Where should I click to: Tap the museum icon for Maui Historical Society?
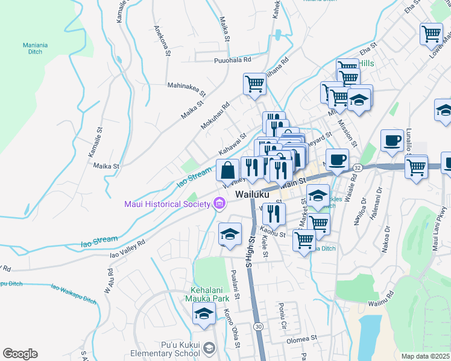pyautogui.click(x=219, y=205)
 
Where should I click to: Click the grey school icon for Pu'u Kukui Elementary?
pyautogui.click(x=209, y=348)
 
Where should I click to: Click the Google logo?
pyautogui.click(x=20, y=354)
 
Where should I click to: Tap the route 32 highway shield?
pyautogui.click(x=358, y=167)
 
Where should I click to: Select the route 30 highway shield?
pyautogui.click(x=258, y=326)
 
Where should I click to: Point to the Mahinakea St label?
pyautogui.click(x=186, y=90)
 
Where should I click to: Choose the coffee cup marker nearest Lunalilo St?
pyautogui.click(x=392, y=141)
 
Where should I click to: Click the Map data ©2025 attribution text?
pyautogui.click(x=425, y=356)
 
